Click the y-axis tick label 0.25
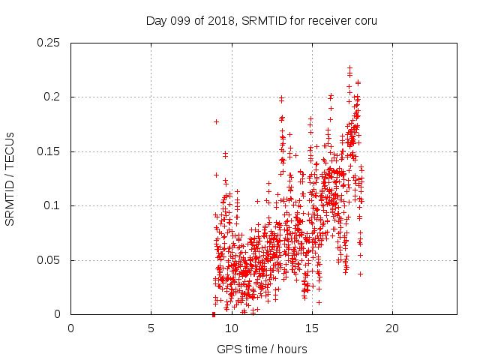point(49,43)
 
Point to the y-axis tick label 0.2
point(52,97)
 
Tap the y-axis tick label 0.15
point(49,151)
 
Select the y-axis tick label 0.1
point(52,205)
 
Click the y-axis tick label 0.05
point(49,260)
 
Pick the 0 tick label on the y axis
point(58,314)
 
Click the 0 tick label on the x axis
point(71,328)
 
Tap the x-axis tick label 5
point(151,328)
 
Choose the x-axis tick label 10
point(232,328)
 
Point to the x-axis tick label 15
point(312,328)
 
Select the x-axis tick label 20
point(392,328)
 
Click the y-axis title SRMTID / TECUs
point(10,178)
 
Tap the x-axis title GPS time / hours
point(263,349)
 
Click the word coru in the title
point(365,20)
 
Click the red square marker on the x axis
point(214,314)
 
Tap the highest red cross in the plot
point(349,68)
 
